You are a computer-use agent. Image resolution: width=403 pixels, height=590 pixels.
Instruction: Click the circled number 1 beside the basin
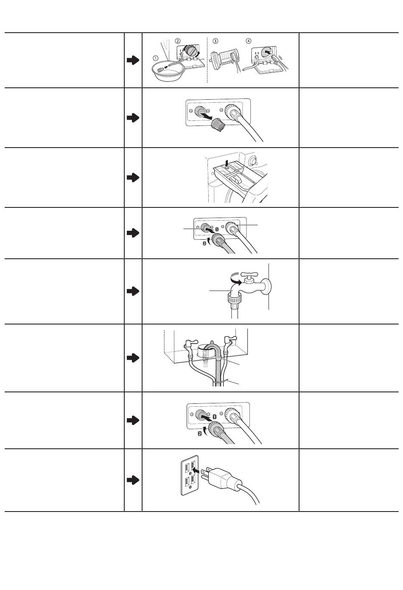point(156,58)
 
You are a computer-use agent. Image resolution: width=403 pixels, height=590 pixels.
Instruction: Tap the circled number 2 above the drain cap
point(177,41)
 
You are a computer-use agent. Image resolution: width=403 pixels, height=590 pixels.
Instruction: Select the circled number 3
point(215,41)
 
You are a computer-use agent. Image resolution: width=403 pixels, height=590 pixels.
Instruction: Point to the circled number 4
point(249,41)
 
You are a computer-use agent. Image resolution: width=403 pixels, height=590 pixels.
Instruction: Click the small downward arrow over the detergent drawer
point(227,164)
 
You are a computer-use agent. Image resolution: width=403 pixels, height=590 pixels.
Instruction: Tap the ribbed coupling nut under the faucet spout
point(233,299)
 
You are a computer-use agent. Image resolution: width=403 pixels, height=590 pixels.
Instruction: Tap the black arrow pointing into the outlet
point(196,470)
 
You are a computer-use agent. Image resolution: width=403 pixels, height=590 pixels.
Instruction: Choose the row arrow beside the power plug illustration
point(133,480)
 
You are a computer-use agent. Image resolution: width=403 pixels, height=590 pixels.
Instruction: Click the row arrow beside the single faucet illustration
point(133,291)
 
